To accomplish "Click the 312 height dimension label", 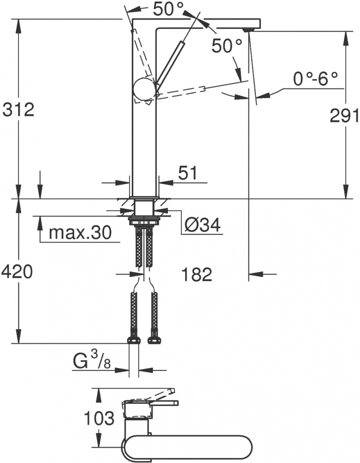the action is tap(19, 110).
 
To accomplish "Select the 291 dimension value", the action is tap(344, 115).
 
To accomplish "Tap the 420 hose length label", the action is tap(17, 272).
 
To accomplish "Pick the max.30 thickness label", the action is tap(80, 232).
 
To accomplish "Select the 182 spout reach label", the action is tap(197, 275).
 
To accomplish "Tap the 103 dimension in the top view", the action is tap(99, 418).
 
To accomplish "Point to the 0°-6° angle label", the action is tap(315, 79).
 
